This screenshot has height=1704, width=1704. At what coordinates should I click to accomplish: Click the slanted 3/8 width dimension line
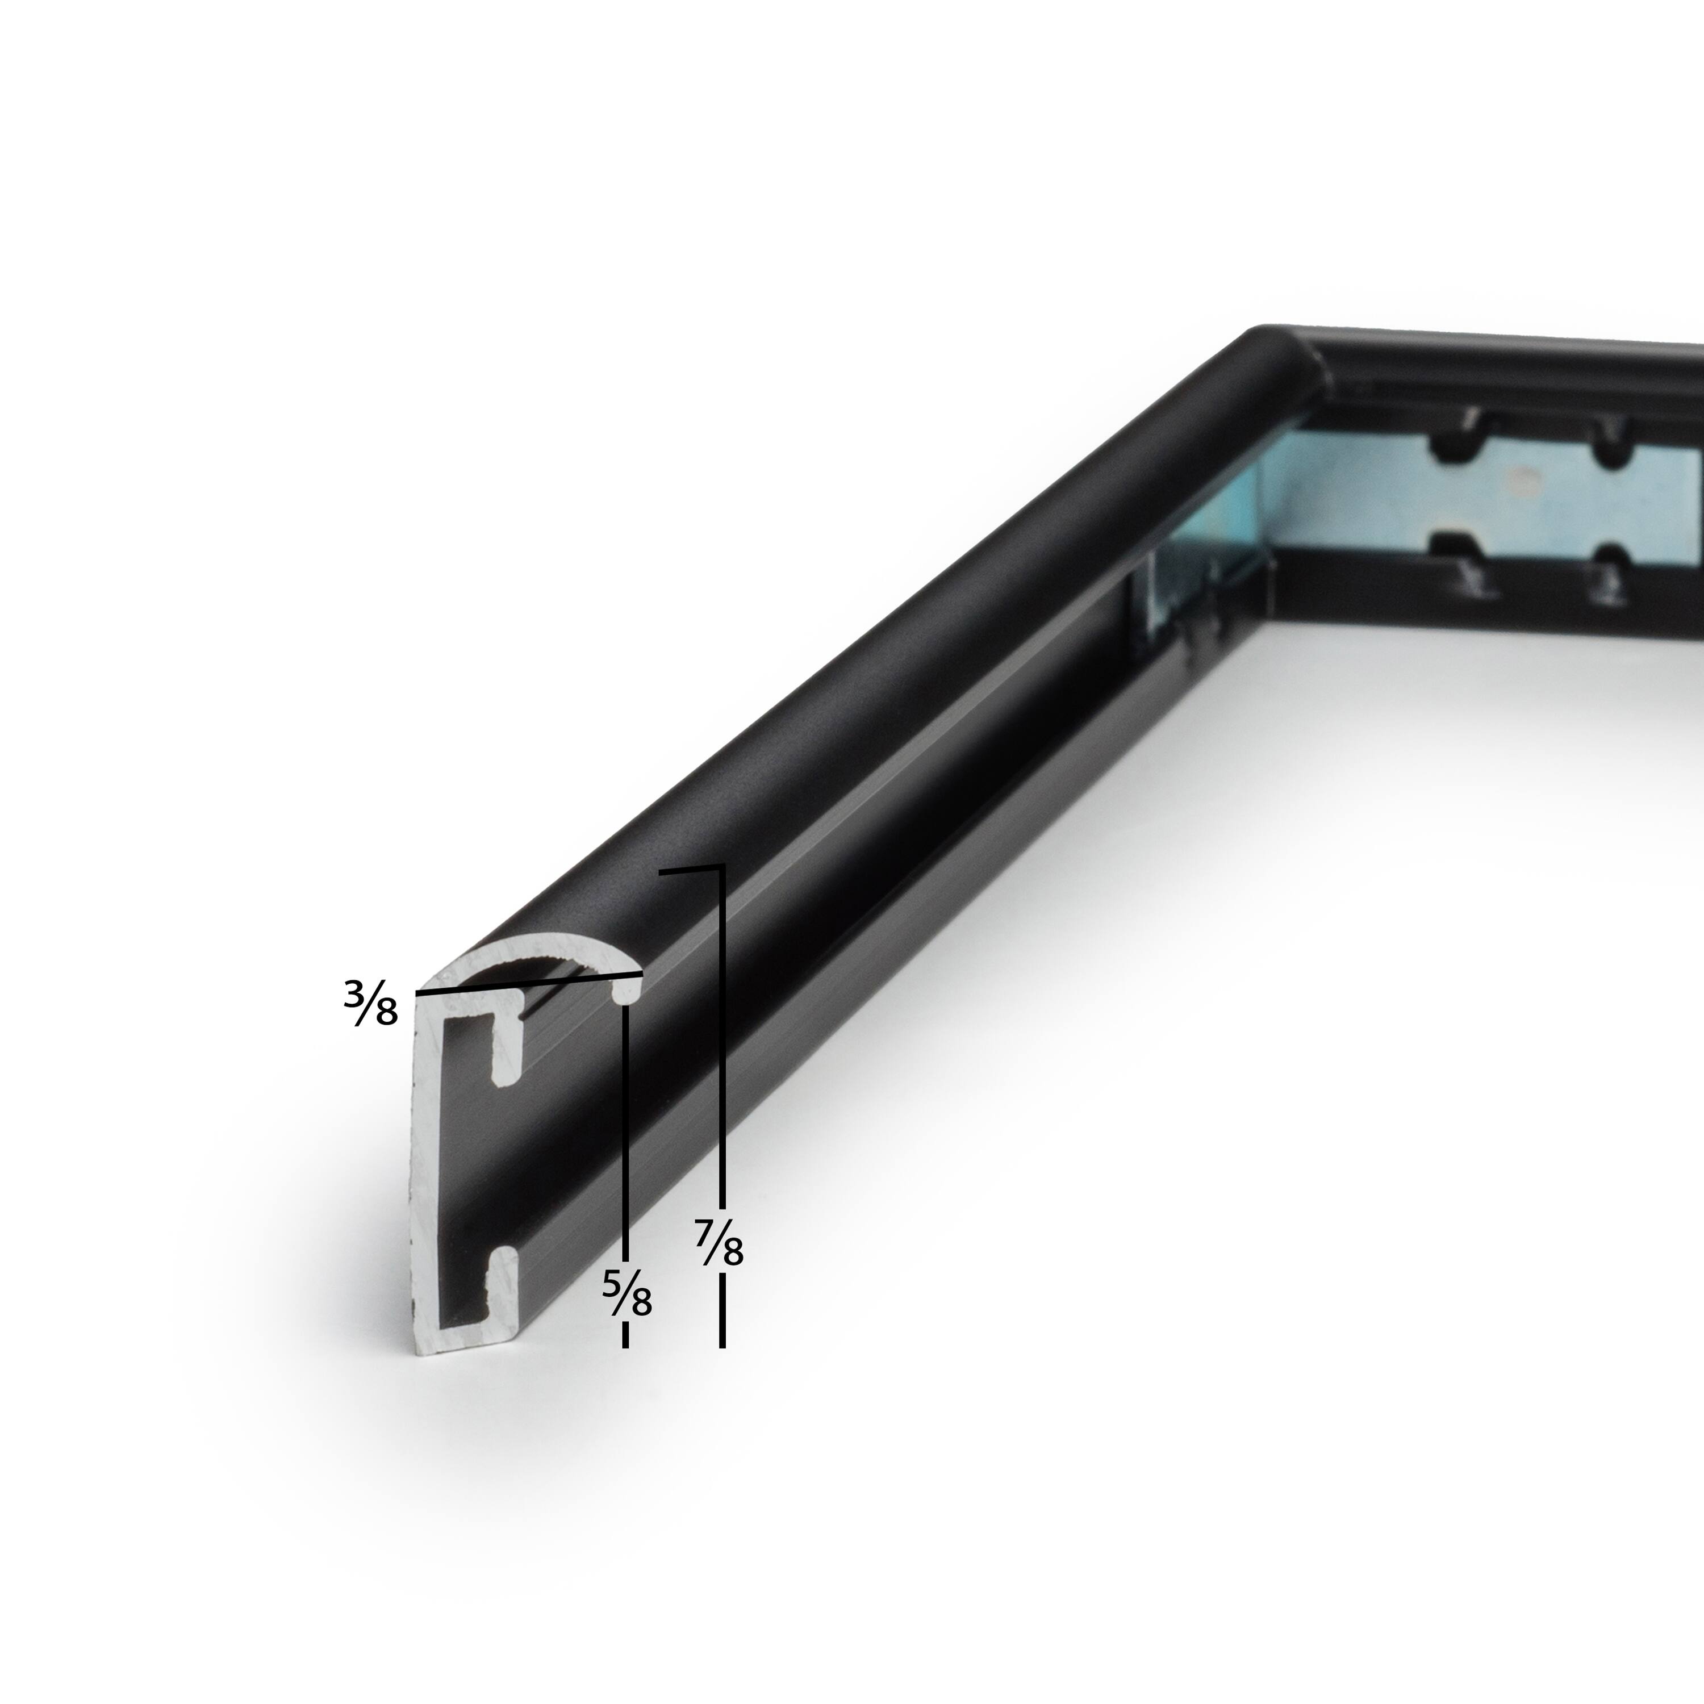click(x=529, y=983)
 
